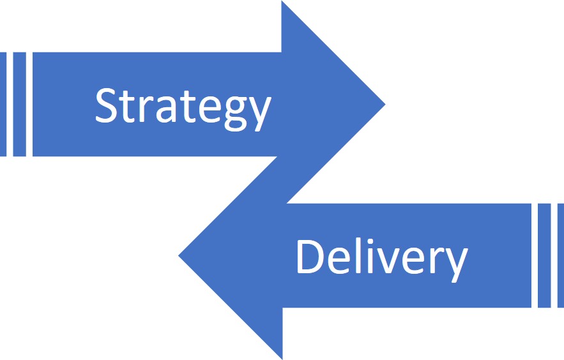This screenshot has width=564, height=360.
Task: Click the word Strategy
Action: tap(183, 106)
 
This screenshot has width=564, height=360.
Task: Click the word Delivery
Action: tap(381, 257)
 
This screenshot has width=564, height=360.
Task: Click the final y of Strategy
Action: tap(260, 112)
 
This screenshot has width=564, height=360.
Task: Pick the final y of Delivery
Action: tap(455, 262)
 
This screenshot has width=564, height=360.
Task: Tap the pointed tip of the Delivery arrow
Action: tap(179, 256)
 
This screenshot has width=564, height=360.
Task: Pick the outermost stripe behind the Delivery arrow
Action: tap(560, 256)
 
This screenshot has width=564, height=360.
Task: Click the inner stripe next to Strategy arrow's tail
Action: tap(19, 104)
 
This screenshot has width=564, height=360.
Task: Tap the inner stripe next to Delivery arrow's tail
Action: tap(544, 256)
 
